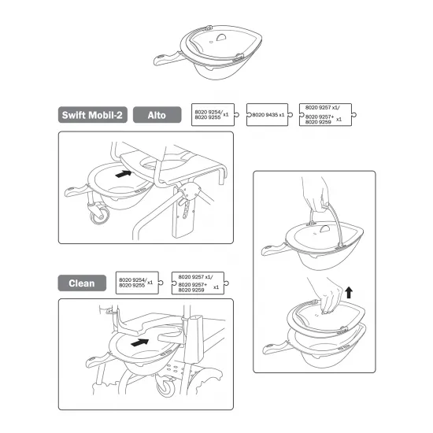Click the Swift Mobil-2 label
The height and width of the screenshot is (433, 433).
[x=92, y=114]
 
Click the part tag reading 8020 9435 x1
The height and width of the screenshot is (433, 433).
[x=268, y=115]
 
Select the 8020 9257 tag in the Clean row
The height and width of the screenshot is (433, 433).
[x=198, y=283]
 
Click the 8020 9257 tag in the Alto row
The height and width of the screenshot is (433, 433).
[x=324, y=116]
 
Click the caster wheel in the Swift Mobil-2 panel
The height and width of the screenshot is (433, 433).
[x=99, y=214]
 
